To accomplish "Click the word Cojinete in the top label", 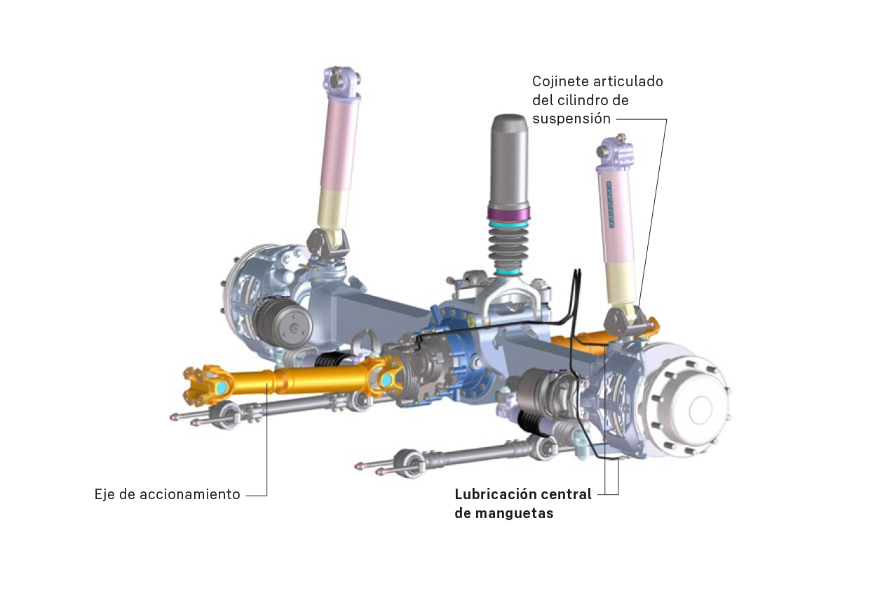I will (558, 81).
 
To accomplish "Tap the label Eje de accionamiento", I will (167, 494).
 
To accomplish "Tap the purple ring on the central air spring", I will (509, 212).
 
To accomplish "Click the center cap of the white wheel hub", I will (701, 409).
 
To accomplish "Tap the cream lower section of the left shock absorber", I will (334, 208).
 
